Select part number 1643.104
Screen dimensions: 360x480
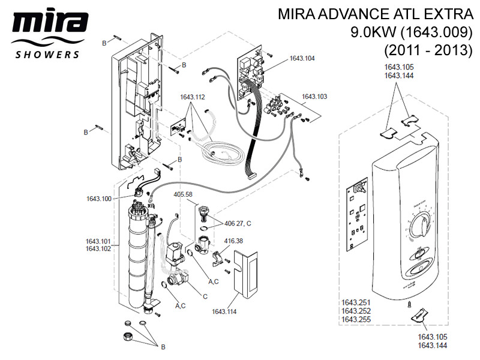[302, 58]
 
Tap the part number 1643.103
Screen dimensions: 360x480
[314, 96]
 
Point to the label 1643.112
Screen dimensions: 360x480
[193, 96]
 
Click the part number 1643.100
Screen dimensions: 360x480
[99, 199]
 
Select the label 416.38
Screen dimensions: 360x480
[234, 241]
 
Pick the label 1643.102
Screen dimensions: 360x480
[98, 248]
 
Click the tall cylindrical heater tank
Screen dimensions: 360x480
[137, 255]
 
